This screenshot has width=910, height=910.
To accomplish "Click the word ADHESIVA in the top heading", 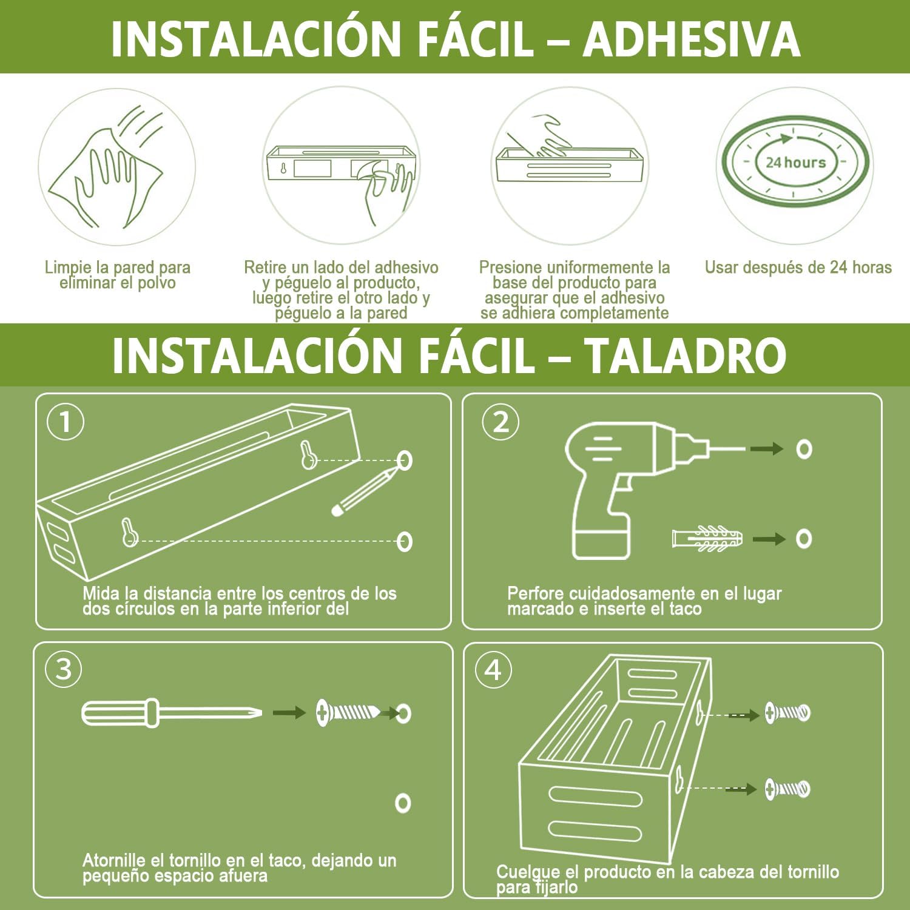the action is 692,39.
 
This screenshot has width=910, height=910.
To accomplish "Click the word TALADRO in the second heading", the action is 686,355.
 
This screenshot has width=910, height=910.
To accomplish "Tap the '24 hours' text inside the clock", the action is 795,163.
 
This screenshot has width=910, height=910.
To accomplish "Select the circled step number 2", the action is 500,422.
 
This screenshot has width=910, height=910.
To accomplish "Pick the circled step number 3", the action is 64,670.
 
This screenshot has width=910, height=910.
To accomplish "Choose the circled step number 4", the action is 493,670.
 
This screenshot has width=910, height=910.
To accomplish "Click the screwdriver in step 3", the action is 172,712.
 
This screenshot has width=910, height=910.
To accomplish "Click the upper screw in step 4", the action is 787,712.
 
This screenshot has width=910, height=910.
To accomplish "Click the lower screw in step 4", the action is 787,789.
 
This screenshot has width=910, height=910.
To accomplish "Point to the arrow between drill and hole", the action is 766,449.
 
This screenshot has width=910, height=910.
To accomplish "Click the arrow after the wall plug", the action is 769,539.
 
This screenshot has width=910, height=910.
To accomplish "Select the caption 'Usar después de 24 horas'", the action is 798,268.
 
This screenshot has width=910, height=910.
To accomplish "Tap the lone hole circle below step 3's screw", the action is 403,803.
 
